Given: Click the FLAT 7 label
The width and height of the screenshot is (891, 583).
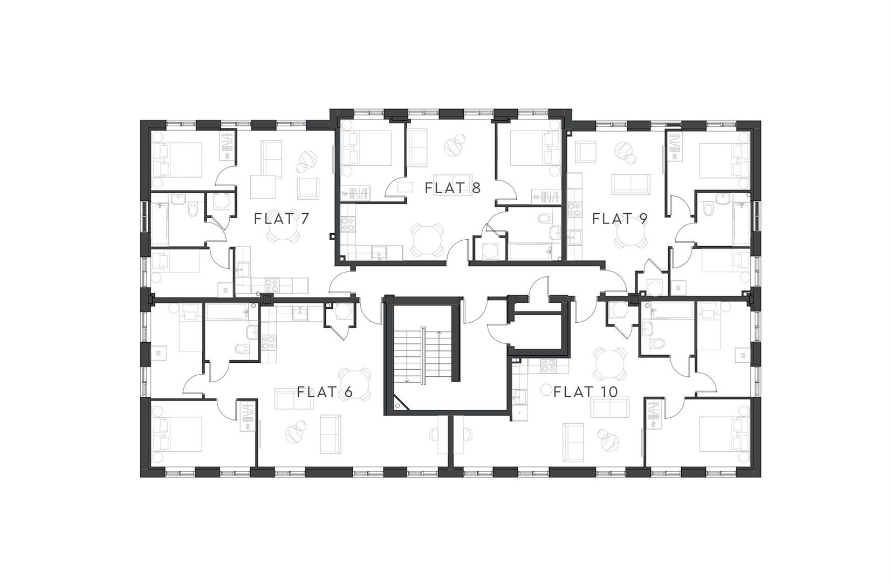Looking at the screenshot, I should (x=282, y=219).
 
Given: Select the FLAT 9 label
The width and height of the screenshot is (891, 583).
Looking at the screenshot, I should (x=620, y=219).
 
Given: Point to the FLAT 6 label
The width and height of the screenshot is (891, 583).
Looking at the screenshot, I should (x=325, y=392).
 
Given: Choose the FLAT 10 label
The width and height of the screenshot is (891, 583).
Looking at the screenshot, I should (x=586, y=392).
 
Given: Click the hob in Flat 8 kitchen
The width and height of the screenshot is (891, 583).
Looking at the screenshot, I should (x=347, y=223).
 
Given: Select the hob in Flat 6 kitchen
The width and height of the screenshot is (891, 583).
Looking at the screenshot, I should (x=268, y=342).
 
